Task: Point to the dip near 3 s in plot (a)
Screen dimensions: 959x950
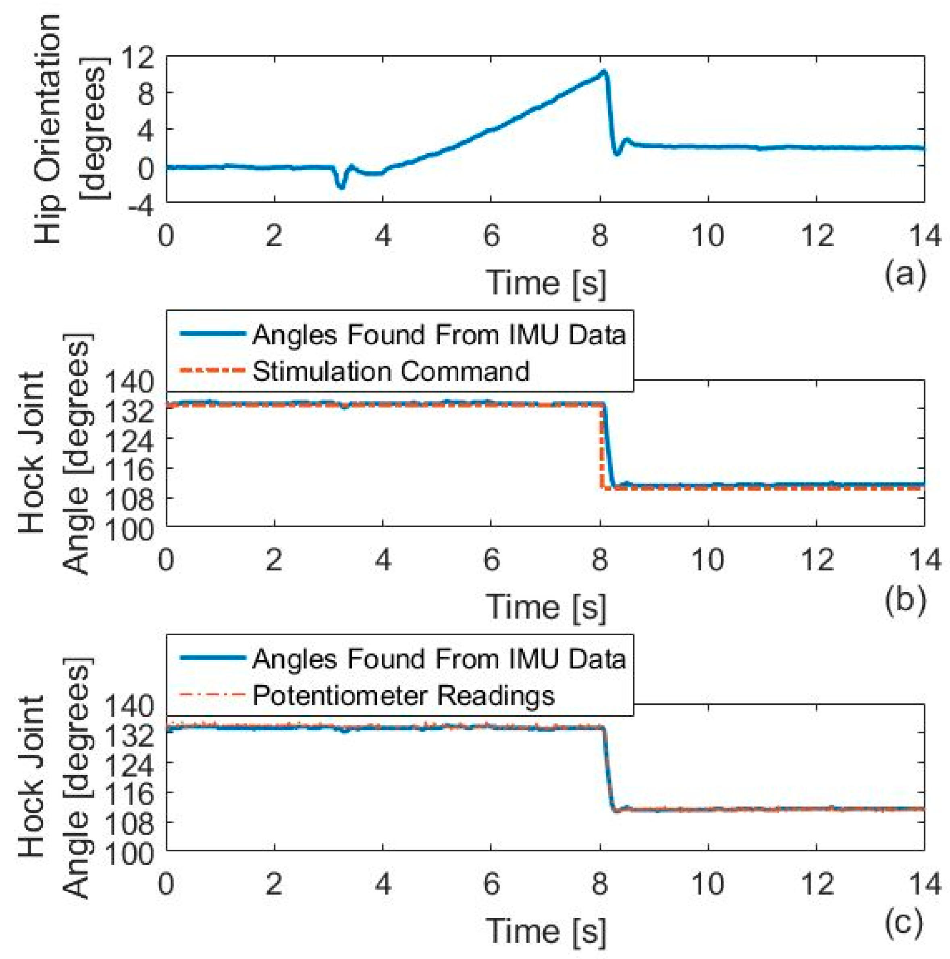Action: [x=341, y=186]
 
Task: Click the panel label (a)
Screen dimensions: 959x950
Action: [x=905, y=275]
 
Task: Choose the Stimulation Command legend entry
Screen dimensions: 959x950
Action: [x=390, y=371]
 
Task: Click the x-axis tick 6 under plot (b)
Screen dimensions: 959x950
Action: [x=491, y=560]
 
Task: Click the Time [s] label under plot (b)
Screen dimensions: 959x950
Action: [x=546, y=607]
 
